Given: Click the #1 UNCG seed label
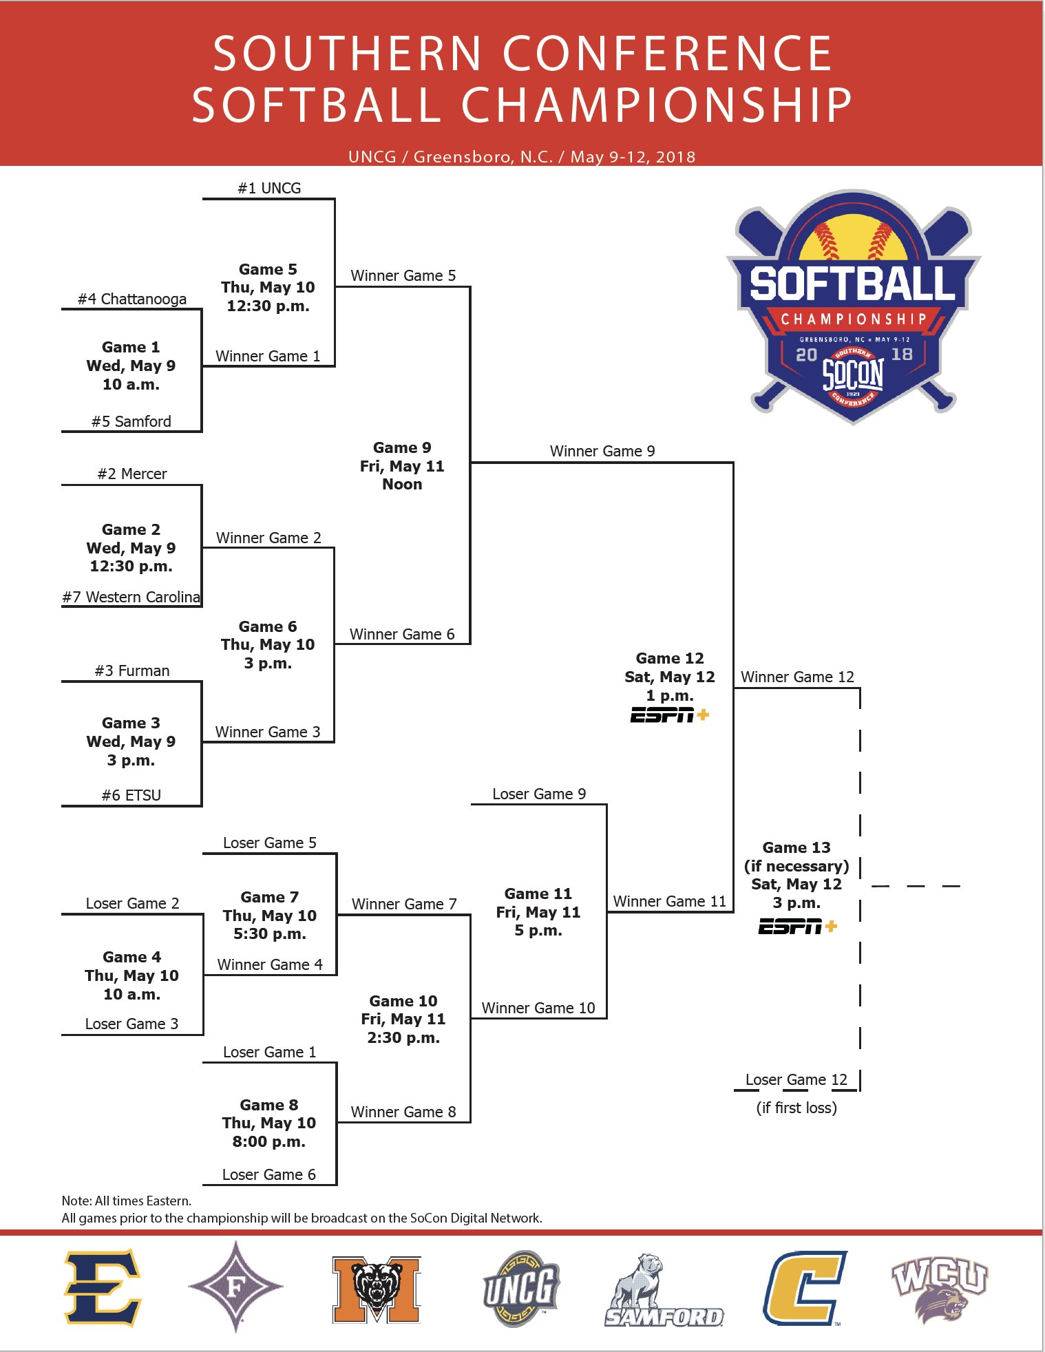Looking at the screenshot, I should point(269,188).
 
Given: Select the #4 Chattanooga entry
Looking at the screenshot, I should point(132,299).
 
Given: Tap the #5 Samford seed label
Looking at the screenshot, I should point(131,421).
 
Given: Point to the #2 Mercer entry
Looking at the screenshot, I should point(132,474).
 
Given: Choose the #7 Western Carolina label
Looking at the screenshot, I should point(131,597).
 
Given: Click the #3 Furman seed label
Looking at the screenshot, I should point(132,670).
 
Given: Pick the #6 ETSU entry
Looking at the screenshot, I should point(131,795).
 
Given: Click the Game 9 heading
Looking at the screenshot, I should point(402,447).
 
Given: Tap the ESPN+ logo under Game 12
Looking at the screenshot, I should point(670,715).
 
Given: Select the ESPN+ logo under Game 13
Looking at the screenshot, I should point(797,927).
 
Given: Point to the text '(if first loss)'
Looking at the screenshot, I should point(796,1108).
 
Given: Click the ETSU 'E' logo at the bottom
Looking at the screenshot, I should point(103,1287).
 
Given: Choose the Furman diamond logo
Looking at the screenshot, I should point(235,1286).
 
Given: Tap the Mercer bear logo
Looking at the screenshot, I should point(377,1289).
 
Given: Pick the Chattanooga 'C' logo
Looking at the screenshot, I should point(804,1288).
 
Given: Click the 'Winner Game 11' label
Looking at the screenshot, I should point(670,901).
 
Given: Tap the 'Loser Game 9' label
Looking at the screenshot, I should point(539,794).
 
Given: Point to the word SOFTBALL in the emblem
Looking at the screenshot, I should point(852,284).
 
